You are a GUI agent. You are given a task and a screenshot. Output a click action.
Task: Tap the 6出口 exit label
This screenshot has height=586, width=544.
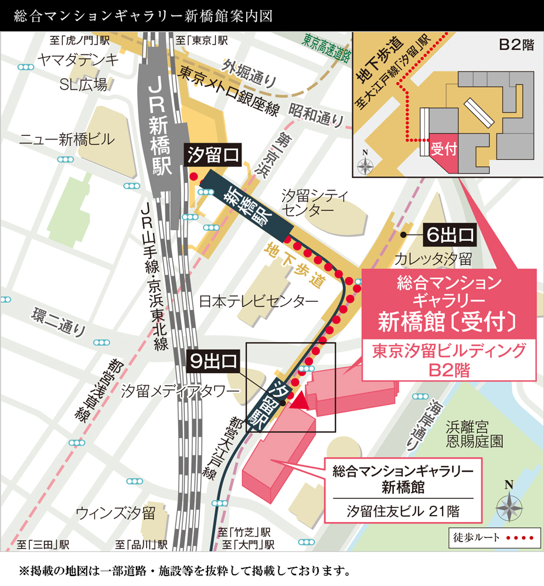tap(450, 235)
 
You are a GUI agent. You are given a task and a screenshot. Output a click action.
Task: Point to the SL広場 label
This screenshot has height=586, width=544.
tap(84, 85)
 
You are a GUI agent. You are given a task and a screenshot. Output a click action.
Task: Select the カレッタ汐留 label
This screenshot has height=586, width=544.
tap(433, 258)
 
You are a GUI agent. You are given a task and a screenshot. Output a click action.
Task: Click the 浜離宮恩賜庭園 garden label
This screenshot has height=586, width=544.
tap(474, 434)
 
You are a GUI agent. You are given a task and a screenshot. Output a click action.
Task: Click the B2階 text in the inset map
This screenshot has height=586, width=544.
tap(516, 45)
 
